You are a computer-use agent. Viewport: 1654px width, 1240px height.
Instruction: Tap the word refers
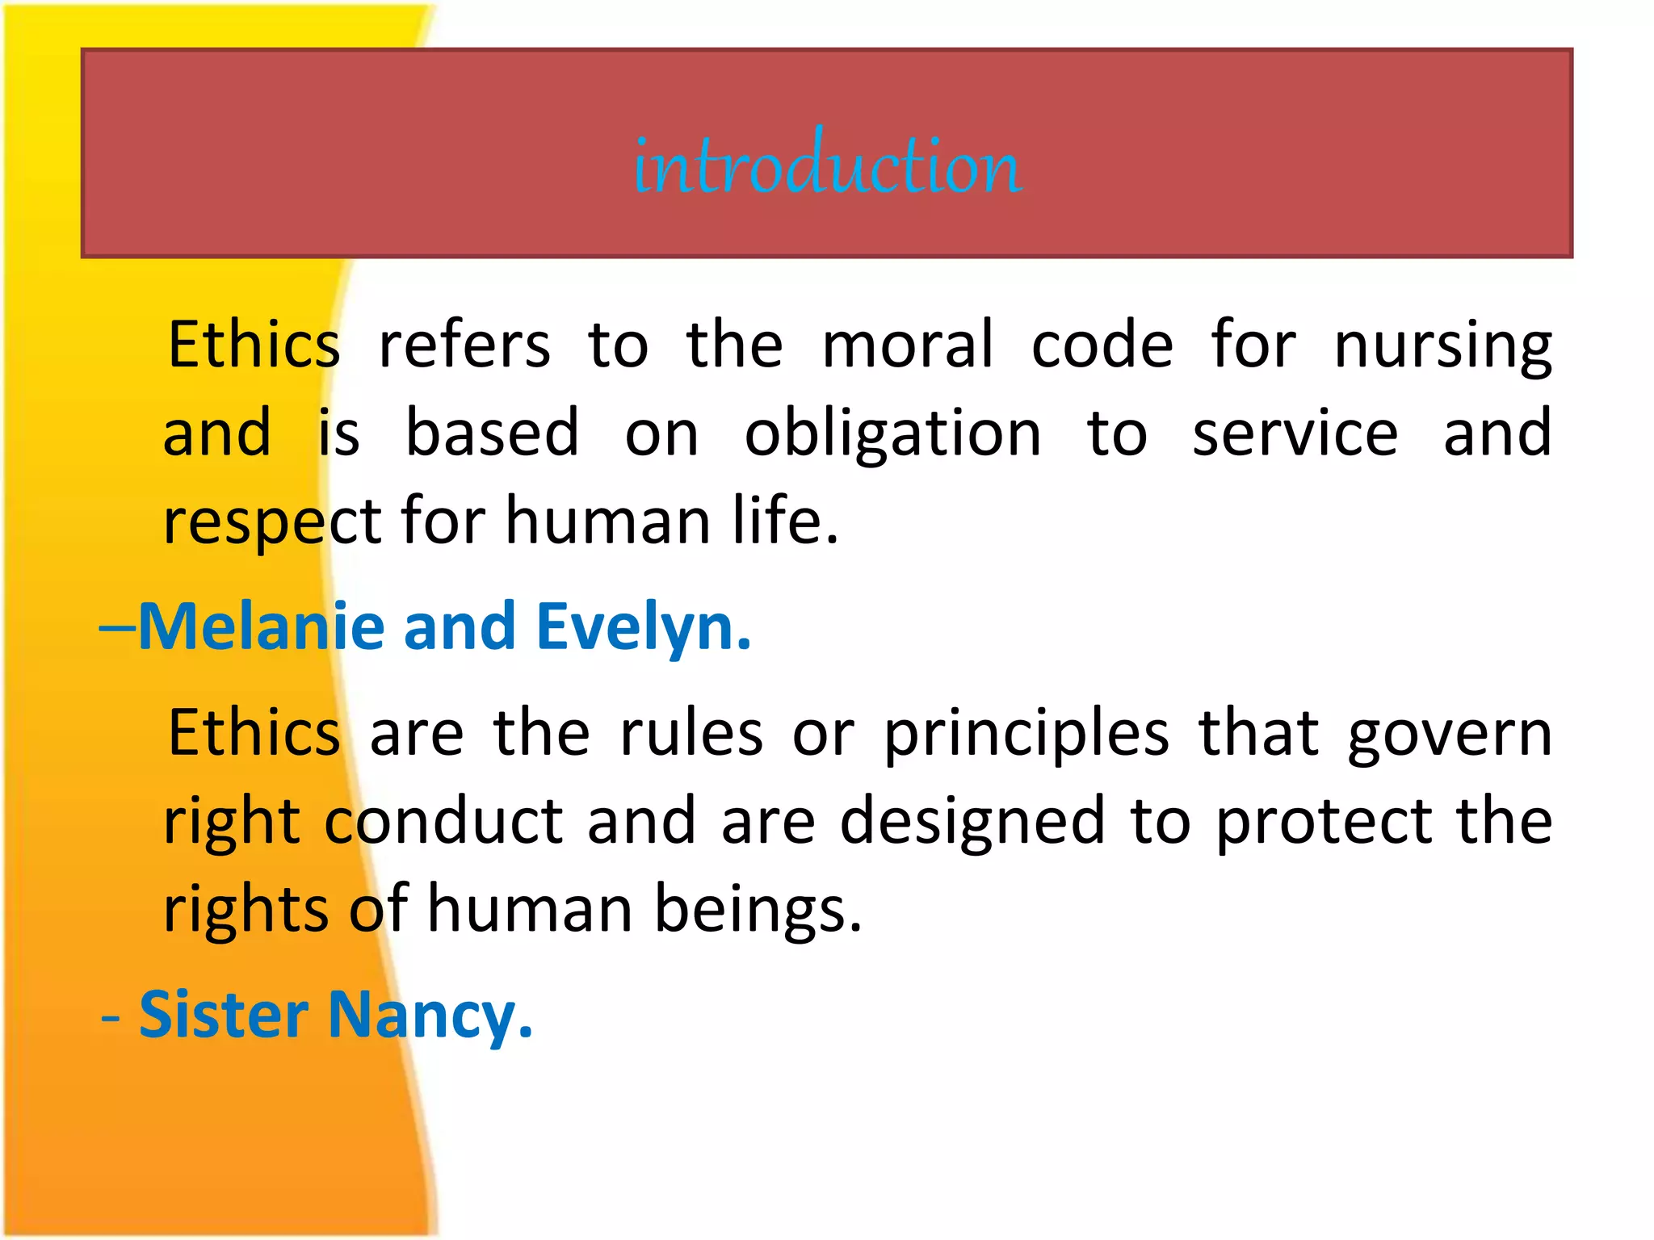click(x=464, y=346)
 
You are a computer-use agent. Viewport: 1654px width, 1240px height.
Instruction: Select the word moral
click(x=907, y=346)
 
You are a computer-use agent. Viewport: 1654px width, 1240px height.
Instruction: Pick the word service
click(x=1295, y=434)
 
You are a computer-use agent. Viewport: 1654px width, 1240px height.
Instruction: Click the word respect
click(x=272, y=523)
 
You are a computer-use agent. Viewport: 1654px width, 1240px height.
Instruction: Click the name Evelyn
click(x=644, y=628)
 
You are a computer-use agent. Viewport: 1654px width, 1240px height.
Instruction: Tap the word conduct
click(x=443, y=822)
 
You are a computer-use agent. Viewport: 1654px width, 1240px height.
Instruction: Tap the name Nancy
click(x=430, y=1016)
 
